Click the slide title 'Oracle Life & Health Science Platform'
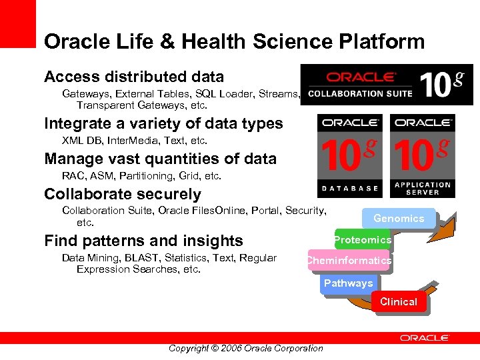[x=234, y=42]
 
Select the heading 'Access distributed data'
[x=134, y=77]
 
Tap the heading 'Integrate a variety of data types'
[x=163, y=123]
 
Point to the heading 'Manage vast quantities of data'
[x=160, y=159]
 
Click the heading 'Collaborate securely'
[x=122, y=194]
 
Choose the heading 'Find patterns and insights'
[x=143, y=241]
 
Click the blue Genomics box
[x=399, y=218]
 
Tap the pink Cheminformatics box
[x=349, y=261]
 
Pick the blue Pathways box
[x=348, y=283]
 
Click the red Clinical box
[x=398, y=302]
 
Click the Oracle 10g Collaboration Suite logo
[x=386, y=85]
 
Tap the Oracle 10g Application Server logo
[x=423, y=155]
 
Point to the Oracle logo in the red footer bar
[x=425, y=338]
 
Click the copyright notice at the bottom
[x=245, y=348]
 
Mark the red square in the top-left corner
[x=17, y=23]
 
